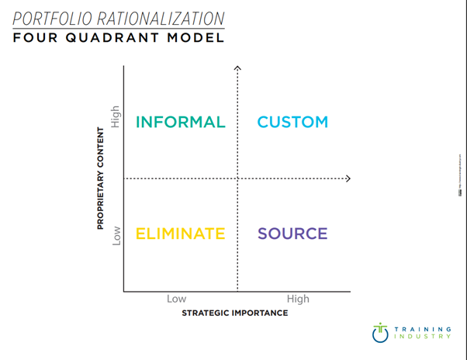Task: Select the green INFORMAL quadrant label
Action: tap(180, 122)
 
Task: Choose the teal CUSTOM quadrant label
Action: tap(292, 122)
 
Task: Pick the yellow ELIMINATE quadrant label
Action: tap(180, 234)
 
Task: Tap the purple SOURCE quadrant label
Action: tap(292, 234)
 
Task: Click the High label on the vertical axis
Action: tap(116, 116)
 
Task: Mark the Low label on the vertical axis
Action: tap(116, 235)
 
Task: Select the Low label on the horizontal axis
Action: tap(176, 299)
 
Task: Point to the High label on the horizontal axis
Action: tap(297, 299)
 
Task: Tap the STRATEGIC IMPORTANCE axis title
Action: tap(234, 313)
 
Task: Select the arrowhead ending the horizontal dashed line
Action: tap(348, 178)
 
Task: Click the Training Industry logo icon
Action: tap(379, 332)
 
